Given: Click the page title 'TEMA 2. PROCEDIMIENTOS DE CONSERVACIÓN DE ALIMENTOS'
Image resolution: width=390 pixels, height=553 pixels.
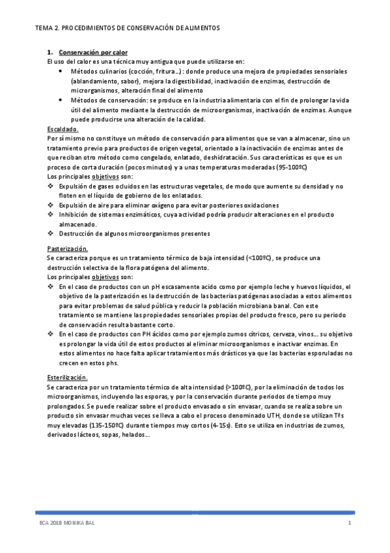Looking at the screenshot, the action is (128, 29).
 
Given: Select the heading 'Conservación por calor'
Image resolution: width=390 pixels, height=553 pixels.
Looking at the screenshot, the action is (93, 52).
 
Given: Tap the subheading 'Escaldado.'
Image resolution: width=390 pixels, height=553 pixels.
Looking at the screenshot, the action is (63, 130).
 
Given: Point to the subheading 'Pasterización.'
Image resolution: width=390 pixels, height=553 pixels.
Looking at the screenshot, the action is (67, 249).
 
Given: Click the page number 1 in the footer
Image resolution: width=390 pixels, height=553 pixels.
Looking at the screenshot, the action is (349, 524).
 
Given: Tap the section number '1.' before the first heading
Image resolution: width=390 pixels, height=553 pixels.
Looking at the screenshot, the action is (49, 52).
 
